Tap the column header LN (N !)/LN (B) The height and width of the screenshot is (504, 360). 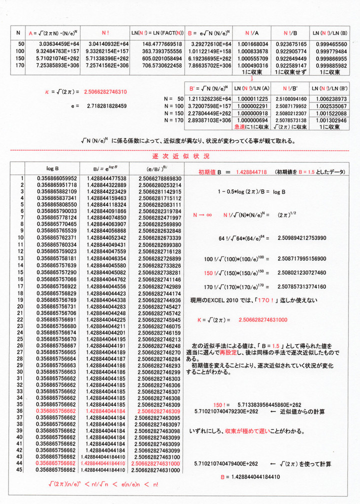pos(329,32)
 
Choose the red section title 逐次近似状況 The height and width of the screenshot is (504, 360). pos(180,156)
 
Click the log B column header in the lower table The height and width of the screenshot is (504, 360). pos(53,168)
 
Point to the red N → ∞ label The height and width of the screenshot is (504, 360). pos(202,215)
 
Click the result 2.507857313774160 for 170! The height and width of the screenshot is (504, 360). pos(297,287)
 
